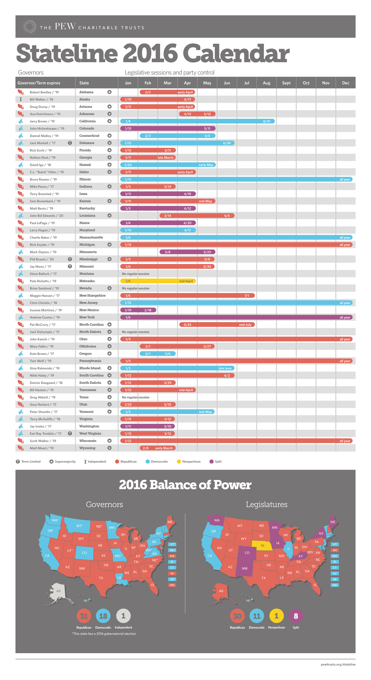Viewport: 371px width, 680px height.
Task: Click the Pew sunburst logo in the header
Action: tap(29, 26)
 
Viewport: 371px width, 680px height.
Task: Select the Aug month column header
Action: tap(266, 83)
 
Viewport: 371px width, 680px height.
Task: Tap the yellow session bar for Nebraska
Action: tap(158, 281)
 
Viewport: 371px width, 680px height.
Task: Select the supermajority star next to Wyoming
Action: tap(109, 448)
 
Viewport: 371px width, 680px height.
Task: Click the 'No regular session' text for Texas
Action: tap(135, 397)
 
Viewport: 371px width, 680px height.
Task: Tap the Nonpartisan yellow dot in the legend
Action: tap(179, 461)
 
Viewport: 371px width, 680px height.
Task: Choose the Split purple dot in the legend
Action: tap(211, 461)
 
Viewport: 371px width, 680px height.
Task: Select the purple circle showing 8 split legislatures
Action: tap(296, 616)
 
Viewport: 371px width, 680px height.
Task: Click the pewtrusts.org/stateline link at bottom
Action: tap(338, 664)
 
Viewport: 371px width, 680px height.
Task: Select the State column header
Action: tap(84, 83)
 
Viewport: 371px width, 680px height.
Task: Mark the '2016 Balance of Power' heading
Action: tap(185, 485)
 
